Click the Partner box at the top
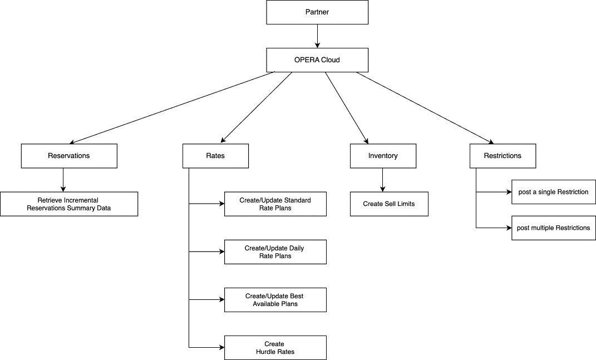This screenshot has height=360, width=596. [x=317, y=12]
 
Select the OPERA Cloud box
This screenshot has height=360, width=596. [x=317, y=60]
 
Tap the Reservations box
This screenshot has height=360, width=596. [x=69, y=156]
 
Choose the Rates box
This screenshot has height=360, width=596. [x=215, y=156]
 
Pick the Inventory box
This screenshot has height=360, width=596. [x=383, y=156]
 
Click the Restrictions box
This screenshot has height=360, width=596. [x=503, y=156]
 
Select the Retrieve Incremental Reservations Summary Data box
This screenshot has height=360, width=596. [x=69, y=204]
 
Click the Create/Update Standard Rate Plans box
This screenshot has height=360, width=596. [x=275, y=204]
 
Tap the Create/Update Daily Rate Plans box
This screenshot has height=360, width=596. [x=275, y=252]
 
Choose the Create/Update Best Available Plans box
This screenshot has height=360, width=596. [x=275, y=300]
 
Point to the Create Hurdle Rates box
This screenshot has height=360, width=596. [x=275, y=348]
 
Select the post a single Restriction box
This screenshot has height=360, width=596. [x=553, y=192]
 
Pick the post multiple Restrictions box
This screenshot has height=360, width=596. [x=553, y=228]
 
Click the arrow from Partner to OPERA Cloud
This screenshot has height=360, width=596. [x=317, y=36]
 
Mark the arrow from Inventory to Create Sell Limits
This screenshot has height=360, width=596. [x=383, y=180]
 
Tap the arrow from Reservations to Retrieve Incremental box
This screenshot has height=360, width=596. [x=63, y=180]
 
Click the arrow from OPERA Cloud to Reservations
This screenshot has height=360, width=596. [x=173, y=108]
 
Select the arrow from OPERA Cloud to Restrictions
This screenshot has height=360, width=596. [x=424, y=108]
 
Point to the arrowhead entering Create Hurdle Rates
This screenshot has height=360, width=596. [x=221, y=347]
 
